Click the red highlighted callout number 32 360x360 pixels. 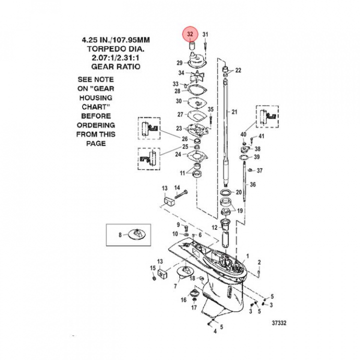click(190, 34)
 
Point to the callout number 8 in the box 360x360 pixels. click(120, 234)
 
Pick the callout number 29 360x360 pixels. click(179, 62)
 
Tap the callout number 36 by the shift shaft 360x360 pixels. click(253, 184)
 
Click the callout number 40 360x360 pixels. click(243, 134)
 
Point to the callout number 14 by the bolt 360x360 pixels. click(176, 187)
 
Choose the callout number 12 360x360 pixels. click(214, 228)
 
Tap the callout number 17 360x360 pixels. click(193, 307)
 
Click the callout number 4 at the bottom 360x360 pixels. click(215, 330)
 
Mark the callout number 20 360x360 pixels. click(238, 192)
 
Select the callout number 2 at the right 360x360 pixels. click(259, 262)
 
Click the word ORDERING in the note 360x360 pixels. click(95, 125)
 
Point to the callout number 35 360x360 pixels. click(210, 109)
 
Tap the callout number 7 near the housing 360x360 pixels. click(175, 286)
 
